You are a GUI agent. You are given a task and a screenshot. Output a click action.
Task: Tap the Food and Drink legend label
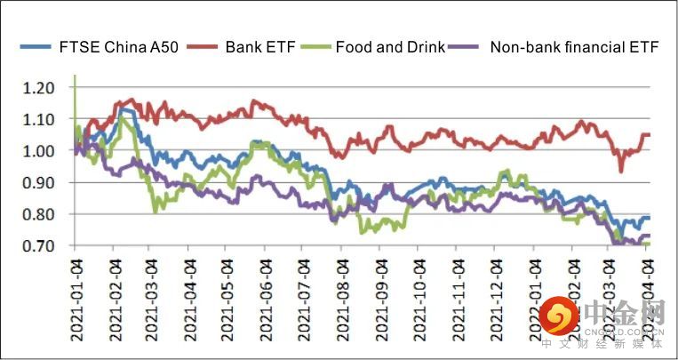coord(390,46)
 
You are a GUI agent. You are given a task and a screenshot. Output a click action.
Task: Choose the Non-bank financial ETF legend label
coord(573,46)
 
